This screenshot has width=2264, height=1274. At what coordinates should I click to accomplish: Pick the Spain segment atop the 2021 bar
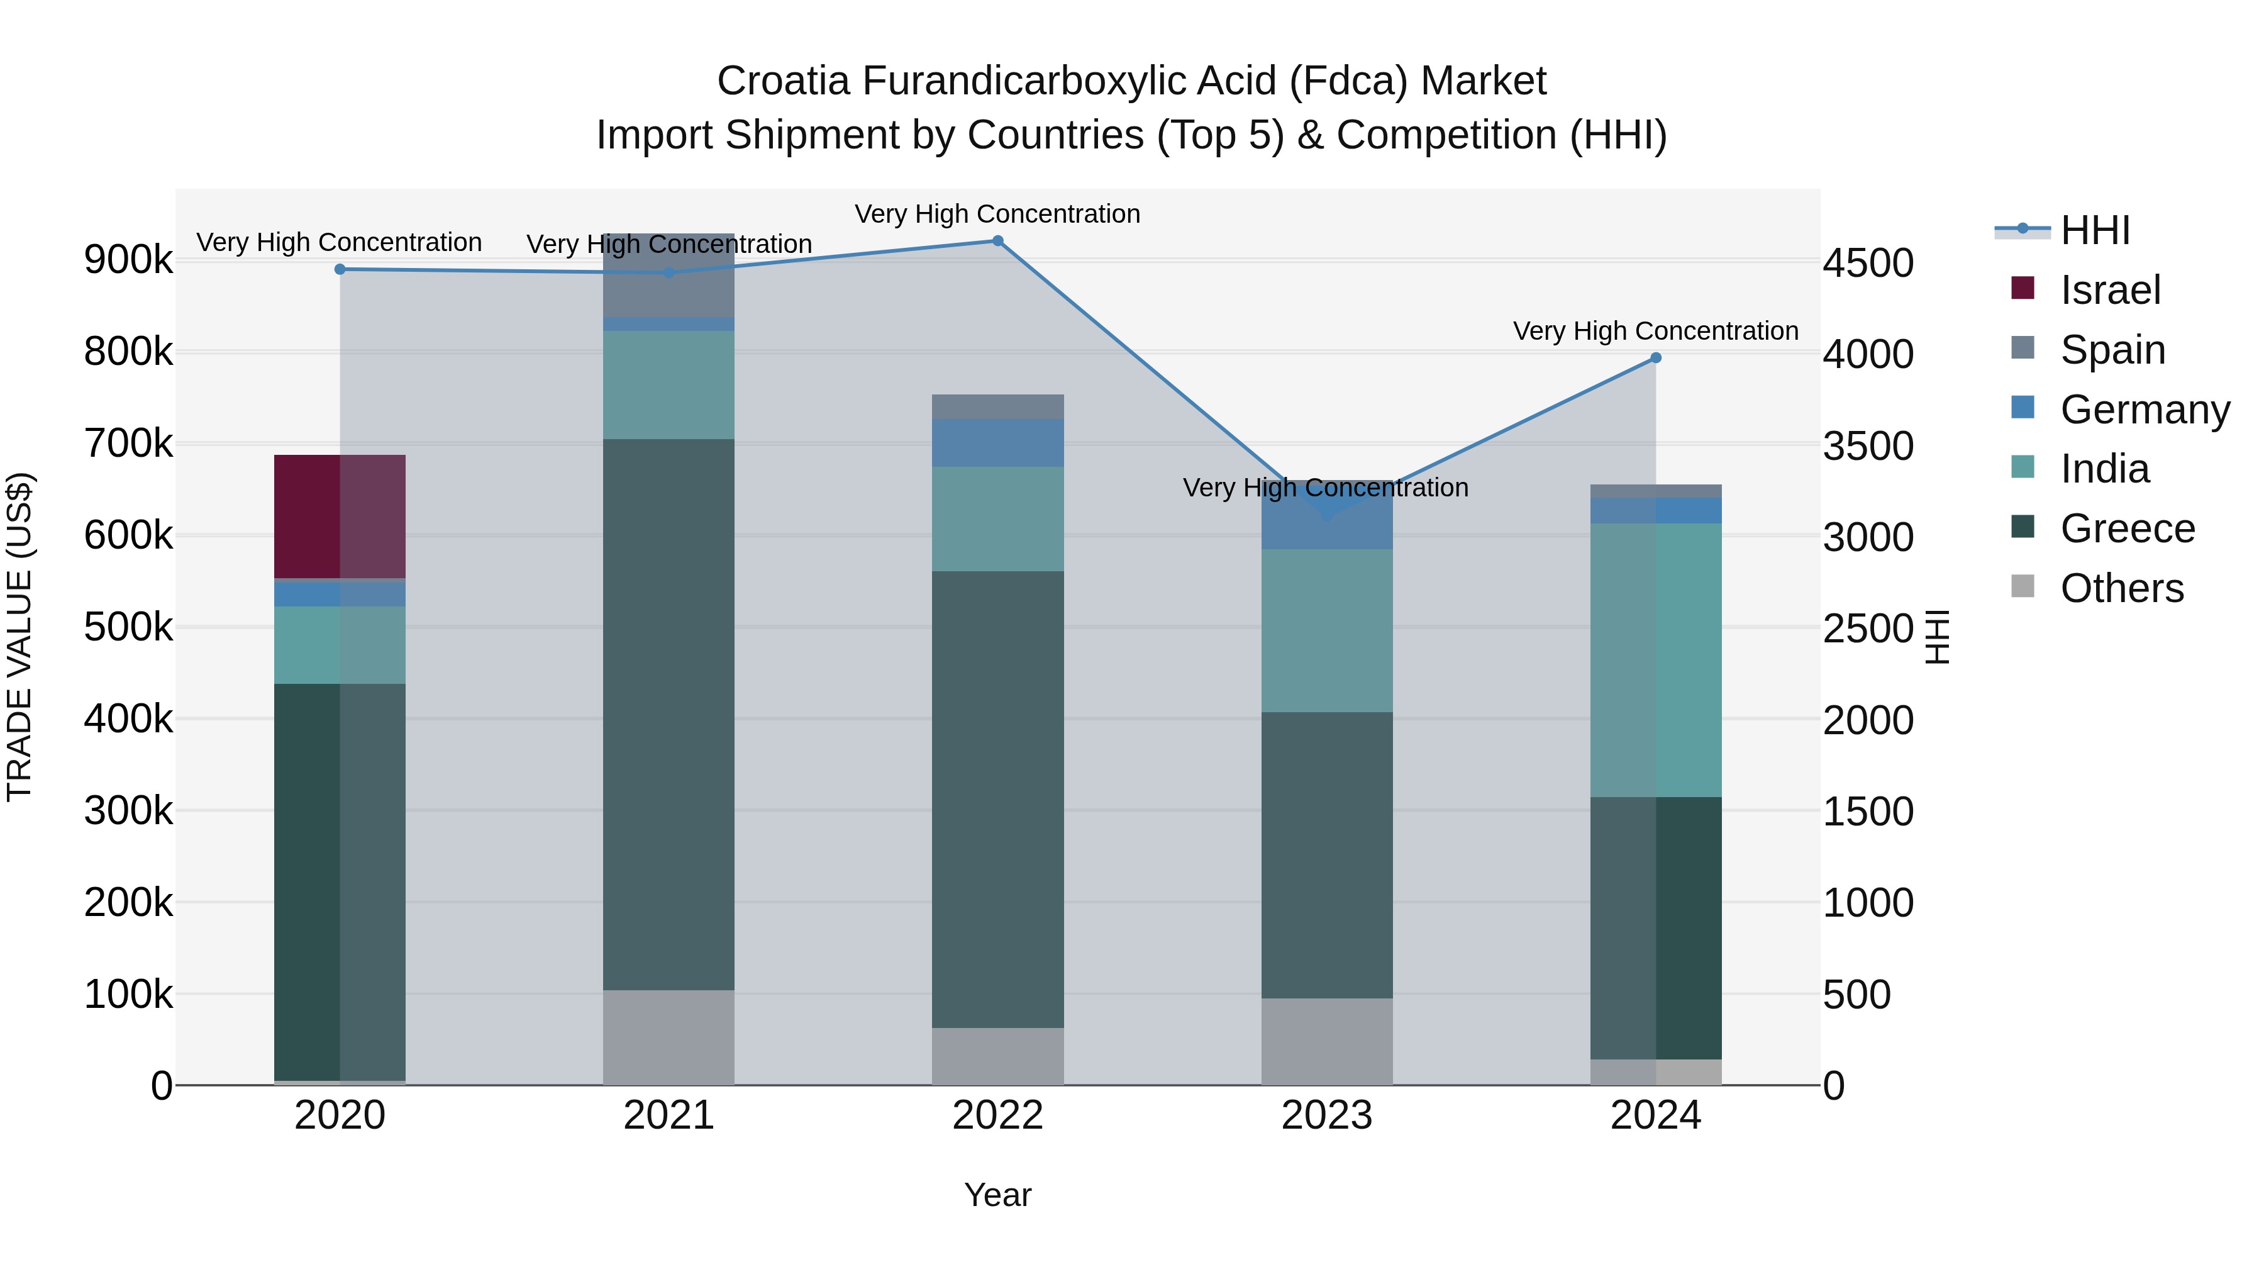pyautogui.click(x=669, y=275)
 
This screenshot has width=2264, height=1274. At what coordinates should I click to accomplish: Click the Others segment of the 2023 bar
pyautogui.click(x=1327, y=1041)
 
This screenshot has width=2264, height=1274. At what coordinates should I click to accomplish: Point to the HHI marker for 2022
pyautogui.click(x=997, y=241)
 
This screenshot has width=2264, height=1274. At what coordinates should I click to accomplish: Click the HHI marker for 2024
pyautogui.click(x=1656, y=358)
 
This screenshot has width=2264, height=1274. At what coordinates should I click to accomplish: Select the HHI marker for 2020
pyautogui.click(x=340, y=269)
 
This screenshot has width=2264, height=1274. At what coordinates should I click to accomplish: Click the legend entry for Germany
pyautogui.click(x=2145, y=410)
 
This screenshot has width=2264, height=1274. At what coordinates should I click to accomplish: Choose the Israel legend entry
pyautogui.click(x=2109, y=290)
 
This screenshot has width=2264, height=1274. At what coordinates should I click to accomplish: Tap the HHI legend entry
pyautogui.click(x=2094, y=230)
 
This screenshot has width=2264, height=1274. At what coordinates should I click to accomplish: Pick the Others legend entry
pyautogui.click(x=2121, y=588)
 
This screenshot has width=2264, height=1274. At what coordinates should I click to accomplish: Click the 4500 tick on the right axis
pyautogui.click(x=1868, y=263)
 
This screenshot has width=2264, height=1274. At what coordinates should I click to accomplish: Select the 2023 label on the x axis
pyautogui.click(x=1327, y=1115)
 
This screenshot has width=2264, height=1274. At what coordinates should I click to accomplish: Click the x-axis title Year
pyautogui.click(x=997, y=1195)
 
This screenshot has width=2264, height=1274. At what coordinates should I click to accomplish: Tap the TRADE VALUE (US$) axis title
pyautogui.click(x=19, y=637)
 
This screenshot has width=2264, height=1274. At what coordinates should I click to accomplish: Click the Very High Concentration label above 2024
pyautogui.click(x=1656, y=332)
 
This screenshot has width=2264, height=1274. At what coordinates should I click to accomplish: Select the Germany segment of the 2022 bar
pyautogui.click(x=997, y=442)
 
